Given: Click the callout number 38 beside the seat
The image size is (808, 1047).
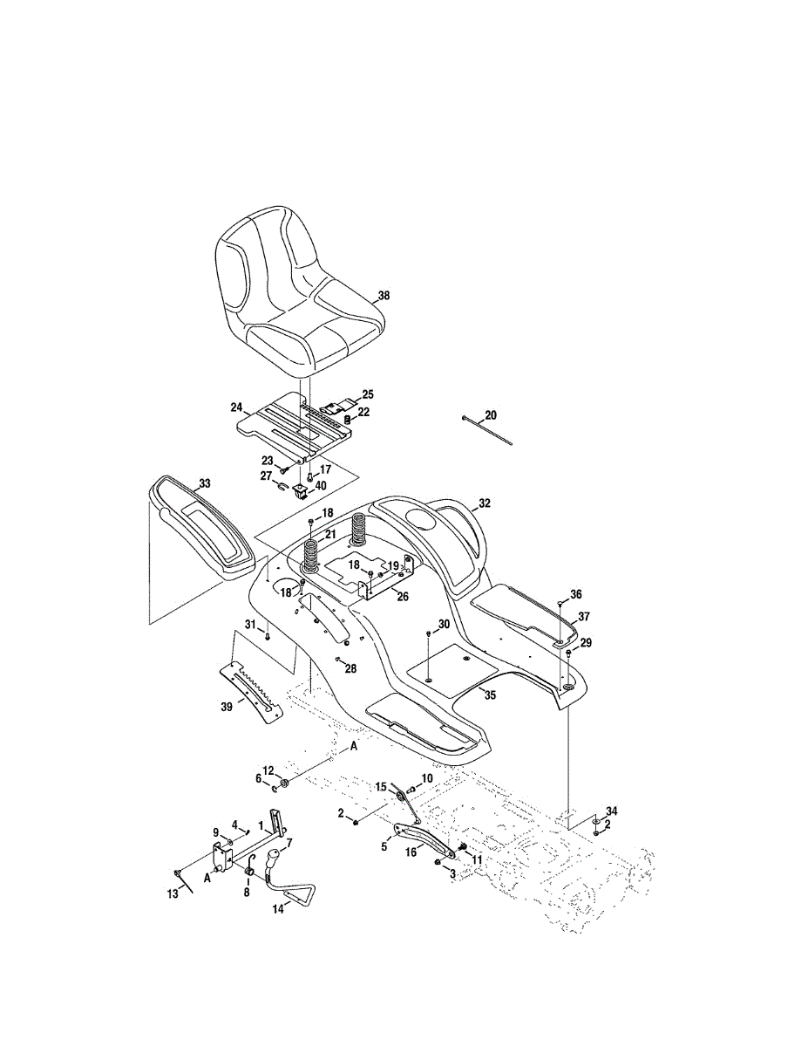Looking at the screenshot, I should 384,296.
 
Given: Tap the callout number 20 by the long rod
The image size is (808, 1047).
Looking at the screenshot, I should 490,414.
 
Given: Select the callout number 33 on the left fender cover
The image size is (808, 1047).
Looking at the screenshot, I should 204,482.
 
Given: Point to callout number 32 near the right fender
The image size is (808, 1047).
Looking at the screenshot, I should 485,503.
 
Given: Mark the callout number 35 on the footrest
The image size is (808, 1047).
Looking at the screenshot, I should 490,695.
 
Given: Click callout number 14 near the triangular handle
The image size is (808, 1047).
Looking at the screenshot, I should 278,907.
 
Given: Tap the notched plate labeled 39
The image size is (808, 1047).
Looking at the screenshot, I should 253,689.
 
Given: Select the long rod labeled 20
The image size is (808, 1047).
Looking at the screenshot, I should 488,431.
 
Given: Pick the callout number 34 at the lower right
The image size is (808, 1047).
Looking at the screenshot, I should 611,811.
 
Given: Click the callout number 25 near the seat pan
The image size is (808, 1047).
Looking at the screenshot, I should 368,394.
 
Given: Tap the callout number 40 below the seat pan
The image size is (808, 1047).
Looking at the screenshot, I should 322,486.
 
